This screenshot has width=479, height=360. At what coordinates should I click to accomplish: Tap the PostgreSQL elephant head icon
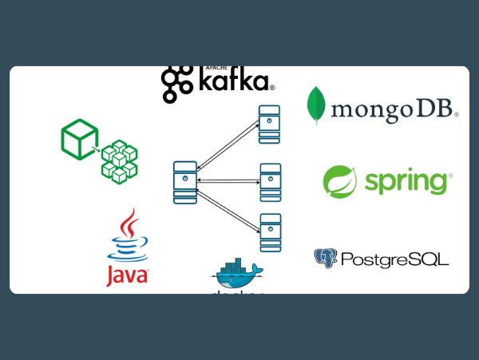pyautogui.click(x=326, y=258)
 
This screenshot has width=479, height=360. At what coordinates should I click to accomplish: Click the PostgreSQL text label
pyautogui.click(x=394, y=259)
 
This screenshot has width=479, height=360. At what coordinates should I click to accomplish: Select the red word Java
pyautogui.click(x=127, y=276)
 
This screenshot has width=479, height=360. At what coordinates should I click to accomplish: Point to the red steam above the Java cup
pyautogui.click(x=128, y=222)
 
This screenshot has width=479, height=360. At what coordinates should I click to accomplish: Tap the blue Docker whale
pyautogui.click(x=237, y=279)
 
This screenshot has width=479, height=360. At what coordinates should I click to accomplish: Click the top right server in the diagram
pyautogui.click(x=269, y=124)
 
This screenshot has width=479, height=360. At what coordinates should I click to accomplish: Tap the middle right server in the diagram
pyautogui.click(x=270, y=181)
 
